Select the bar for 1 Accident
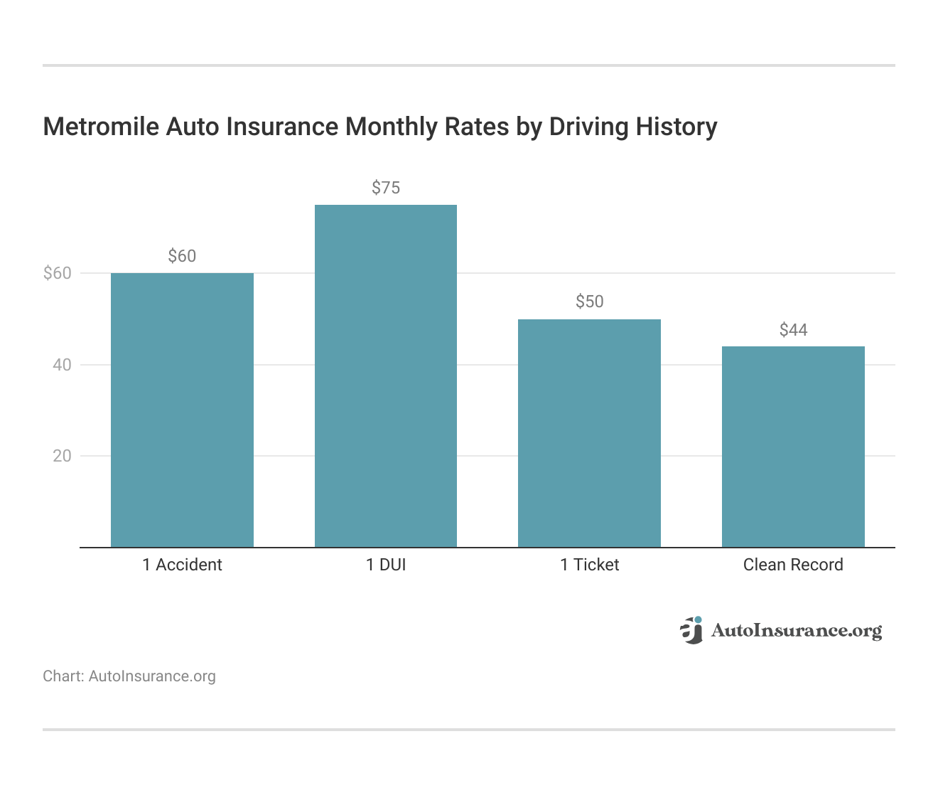(182, 410)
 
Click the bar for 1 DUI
(386, 376)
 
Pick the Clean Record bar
(793, 447)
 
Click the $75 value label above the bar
(386, 188)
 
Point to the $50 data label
(589, 302)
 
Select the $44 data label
(793, 330)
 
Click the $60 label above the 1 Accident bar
(182, 256)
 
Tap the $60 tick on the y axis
(58, 273)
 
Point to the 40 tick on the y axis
(62, 365)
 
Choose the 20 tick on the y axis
(62, 456)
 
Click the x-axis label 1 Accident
(182, 565)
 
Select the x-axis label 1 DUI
(386, 565)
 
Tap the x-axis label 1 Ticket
(589, 565)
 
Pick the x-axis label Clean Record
(793, 565)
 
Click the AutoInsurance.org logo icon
(691, 630)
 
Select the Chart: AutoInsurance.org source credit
(129, 676)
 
